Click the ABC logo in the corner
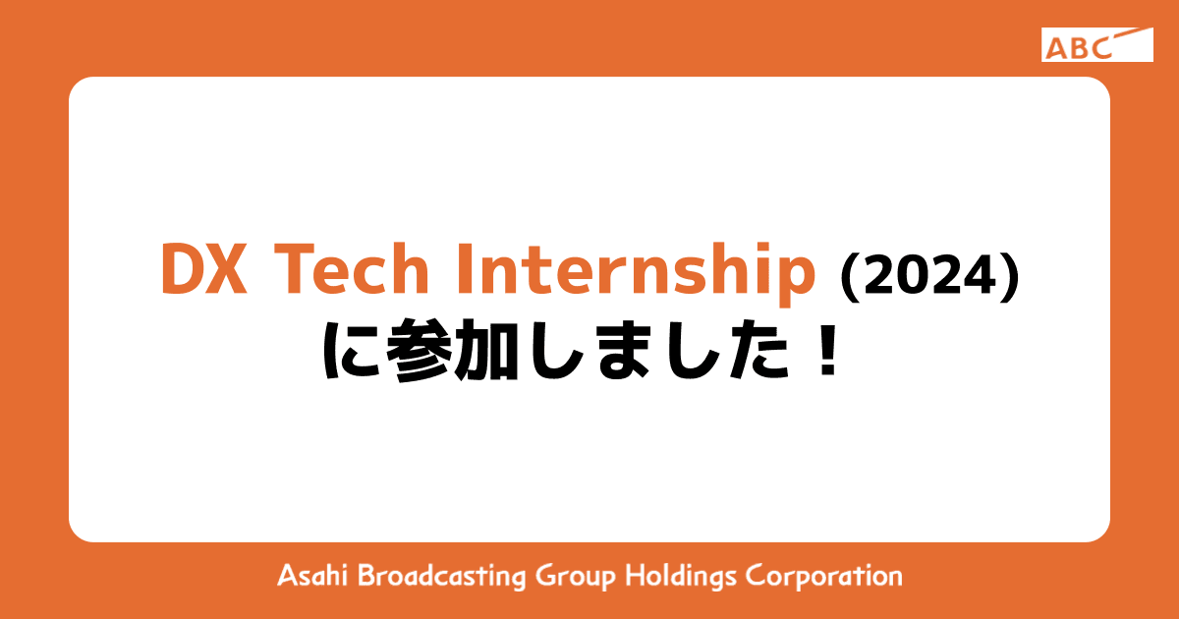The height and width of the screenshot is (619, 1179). click(1096, 45)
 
